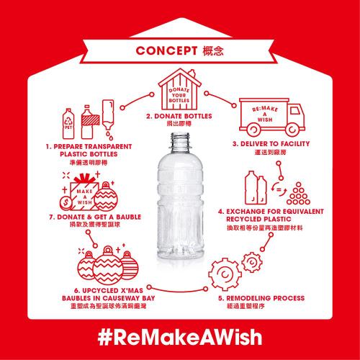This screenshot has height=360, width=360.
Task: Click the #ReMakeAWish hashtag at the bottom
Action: (179, 336)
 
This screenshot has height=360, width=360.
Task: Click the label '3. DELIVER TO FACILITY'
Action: (270, 144)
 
